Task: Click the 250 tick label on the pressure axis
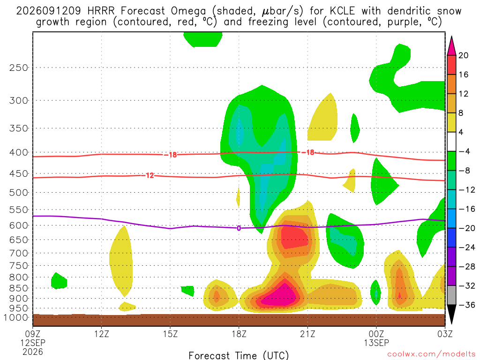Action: coord(19,67)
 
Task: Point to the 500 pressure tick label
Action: coord(19,193)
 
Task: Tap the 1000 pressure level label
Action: coord(16,317)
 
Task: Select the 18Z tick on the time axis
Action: coord(239,334)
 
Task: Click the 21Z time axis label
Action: coord(307,334)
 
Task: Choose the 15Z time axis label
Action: coord(170,334)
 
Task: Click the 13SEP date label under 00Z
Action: coord(376,343)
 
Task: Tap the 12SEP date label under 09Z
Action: coord(33,343)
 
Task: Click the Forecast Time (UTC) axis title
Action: coord(239,355)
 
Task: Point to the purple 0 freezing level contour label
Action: coord(239,228)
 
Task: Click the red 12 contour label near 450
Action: coord(150,175)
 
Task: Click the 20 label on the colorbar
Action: coord(463,55)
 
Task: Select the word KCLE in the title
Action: coord(342,11)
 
